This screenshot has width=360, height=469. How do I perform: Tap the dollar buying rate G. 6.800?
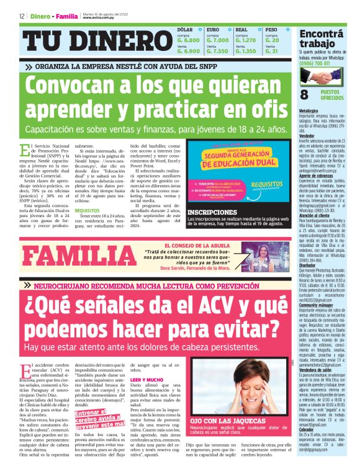[x=189, y=40]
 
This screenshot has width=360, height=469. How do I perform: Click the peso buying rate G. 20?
[x=272, y=40]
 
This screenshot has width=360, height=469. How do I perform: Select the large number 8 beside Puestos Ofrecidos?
[x=304, y=94]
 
